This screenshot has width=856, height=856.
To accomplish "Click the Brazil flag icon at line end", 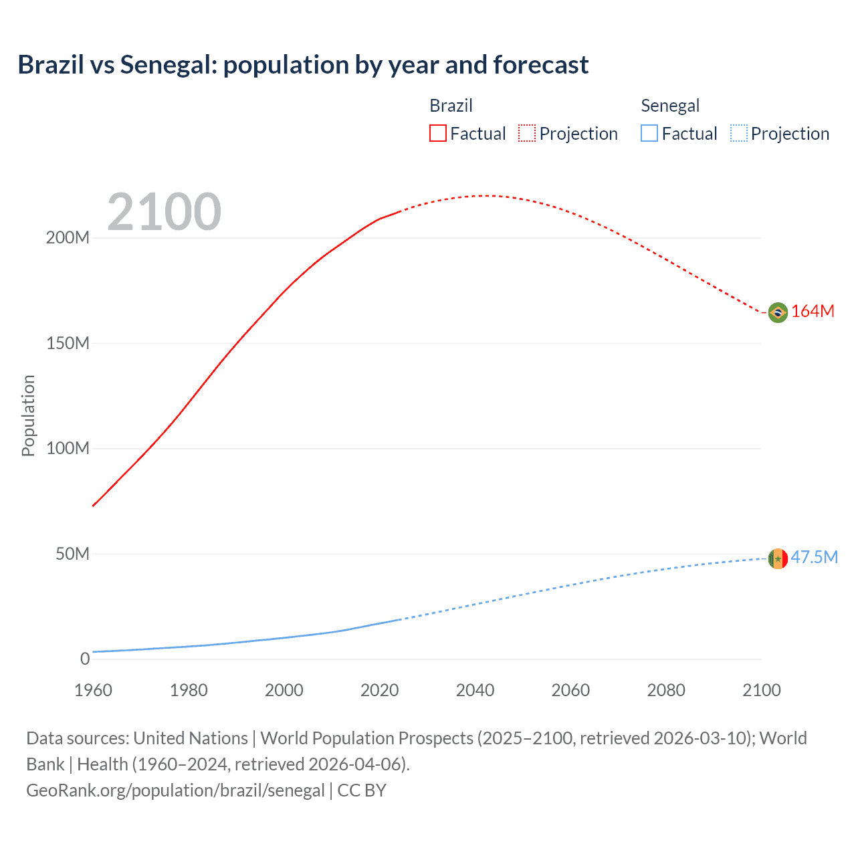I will pos(778,312).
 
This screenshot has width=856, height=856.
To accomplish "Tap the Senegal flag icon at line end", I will pos(778,558).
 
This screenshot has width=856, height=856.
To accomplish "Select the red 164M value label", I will pos(813,312).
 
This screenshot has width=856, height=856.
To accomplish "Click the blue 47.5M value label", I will pos(814,558).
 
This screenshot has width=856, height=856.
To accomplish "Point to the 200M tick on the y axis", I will pos(68,238).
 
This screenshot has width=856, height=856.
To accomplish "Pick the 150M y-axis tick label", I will pos(68,344).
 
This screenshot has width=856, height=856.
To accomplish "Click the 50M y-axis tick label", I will pos(72,554).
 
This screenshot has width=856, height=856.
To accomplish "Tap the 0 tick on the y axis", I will pos(85,659).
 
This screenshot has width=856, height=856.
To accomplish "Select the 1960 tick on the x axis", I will pos(93,691).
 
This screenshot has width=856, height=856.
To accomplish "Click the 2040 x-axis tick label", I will pos(475,691).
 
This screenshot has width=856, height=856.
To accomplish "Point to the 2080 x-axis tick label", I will pos(666,691).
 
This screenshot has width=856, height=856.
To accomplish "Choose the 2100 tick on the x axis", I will pos(761,691).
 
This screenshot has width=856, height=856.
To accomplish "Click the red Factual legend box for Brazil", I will pos(438,134).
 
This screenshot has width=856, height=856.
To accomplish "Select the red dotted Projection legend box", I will pos(527,134).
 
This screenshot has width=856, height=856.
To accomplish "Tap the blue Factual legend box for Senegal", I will pos(649,134).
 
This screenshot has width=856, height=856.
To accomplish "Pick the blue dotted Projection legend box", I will pos(738,134).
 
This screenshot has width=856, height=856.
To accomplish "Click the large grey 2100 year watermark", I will pos(164,212).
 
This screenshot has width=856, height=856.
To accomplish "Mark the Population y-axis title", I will pos(28,415).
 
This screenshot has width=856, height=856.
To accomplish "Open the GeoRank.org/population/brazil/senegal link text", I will pos(175,790).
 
